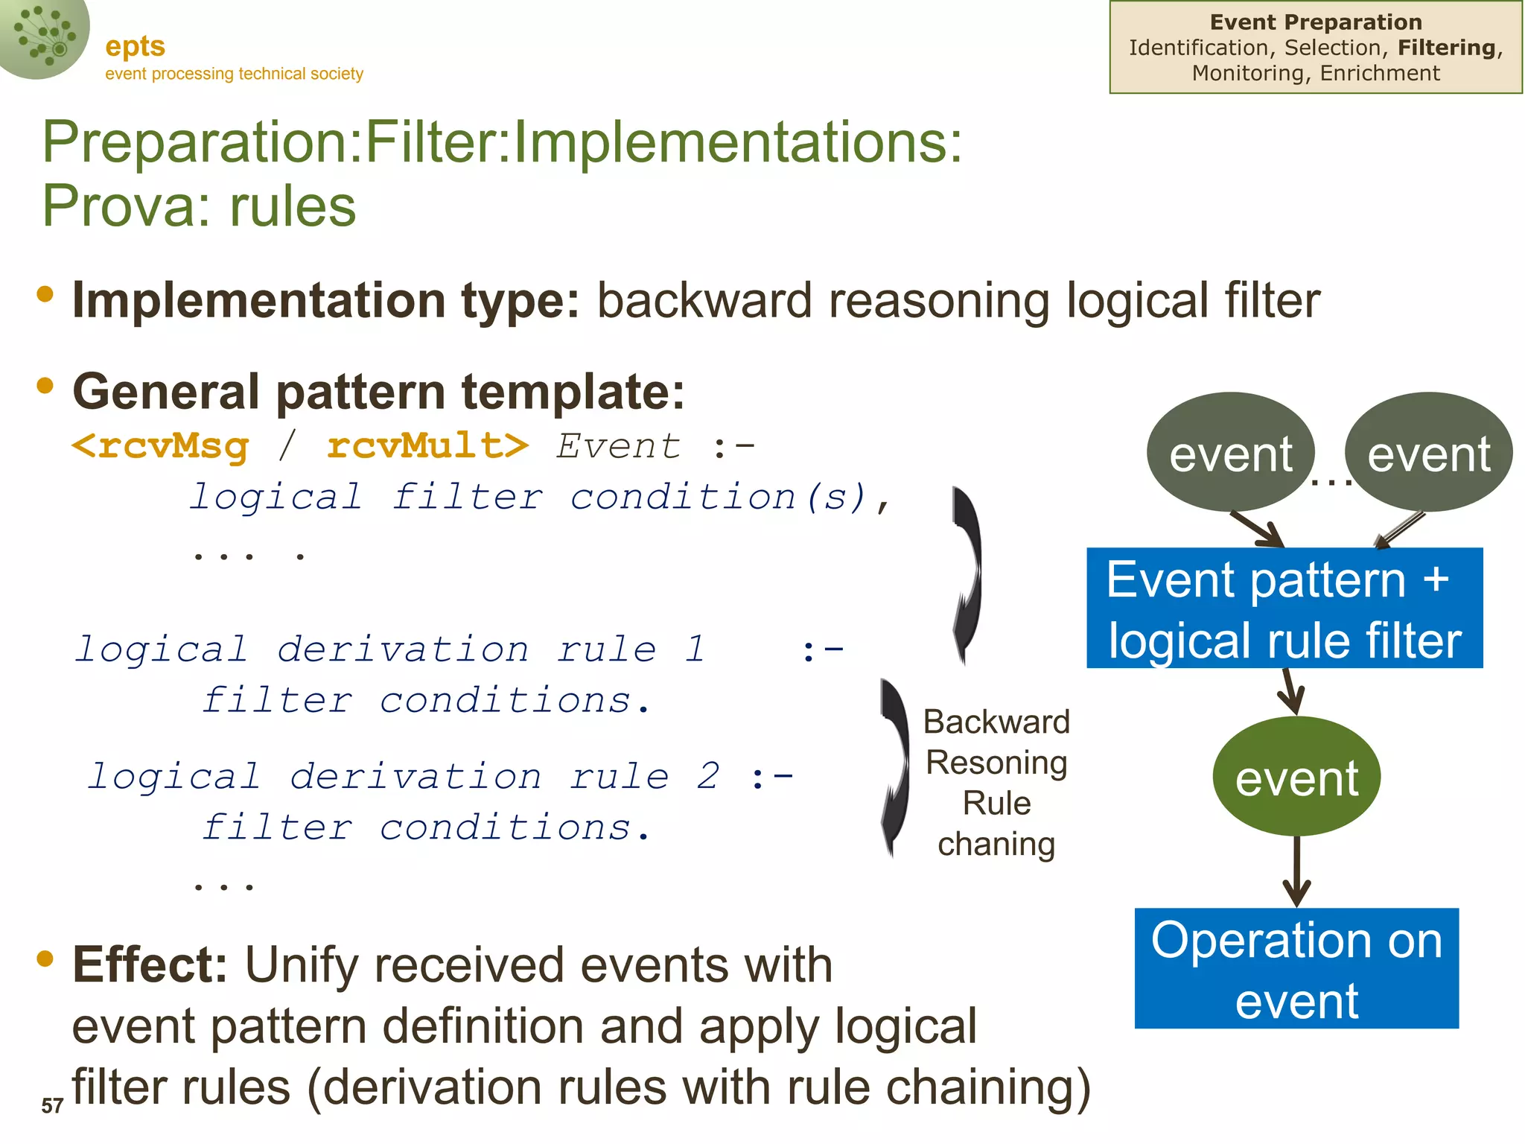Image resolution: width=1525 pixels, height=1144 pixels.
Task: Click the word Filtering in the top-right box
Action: [1447, 48]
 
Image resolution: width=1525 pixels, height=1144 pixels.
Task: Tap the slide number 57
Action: [51, 1106]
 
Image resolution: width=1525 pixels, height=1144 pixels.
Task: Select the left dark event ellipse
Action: [1230, 452]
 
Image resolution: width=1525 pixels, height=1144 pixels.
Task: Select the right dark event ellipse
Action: [1428, 452]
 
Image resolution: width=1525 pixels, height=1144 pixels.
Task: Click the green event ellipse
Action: [1296, 777]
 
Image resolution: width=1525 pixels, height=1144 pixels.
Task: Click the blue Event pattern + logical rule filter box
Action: [1284, 608]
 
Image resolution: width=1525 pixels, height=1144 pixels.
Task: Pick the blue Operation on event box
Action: [1296, 968]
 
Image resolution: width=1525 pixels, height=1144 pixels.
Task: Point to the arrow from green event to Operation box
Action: [1296, 871]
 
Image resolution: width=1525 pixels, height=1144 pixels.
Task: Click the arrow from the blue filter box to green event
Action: [1290, 692]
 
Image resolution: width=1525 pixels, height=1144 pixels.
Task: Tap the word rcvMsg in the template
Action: [173, 446]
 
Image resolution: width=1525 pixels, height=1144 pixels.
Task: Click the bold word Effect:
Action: [150, 965]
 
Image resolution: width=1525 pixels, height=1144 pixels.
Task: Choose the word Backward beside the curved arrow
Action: [996, 722]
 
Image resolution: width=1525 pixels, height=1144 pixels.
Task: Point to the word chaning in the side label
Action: [996, 845]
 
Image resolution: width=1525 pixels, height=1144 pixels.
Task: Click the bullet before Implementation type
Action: [45, 294]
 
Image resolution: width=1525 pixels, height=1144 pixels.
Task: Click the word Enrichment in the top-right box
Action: [1380, 73]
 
